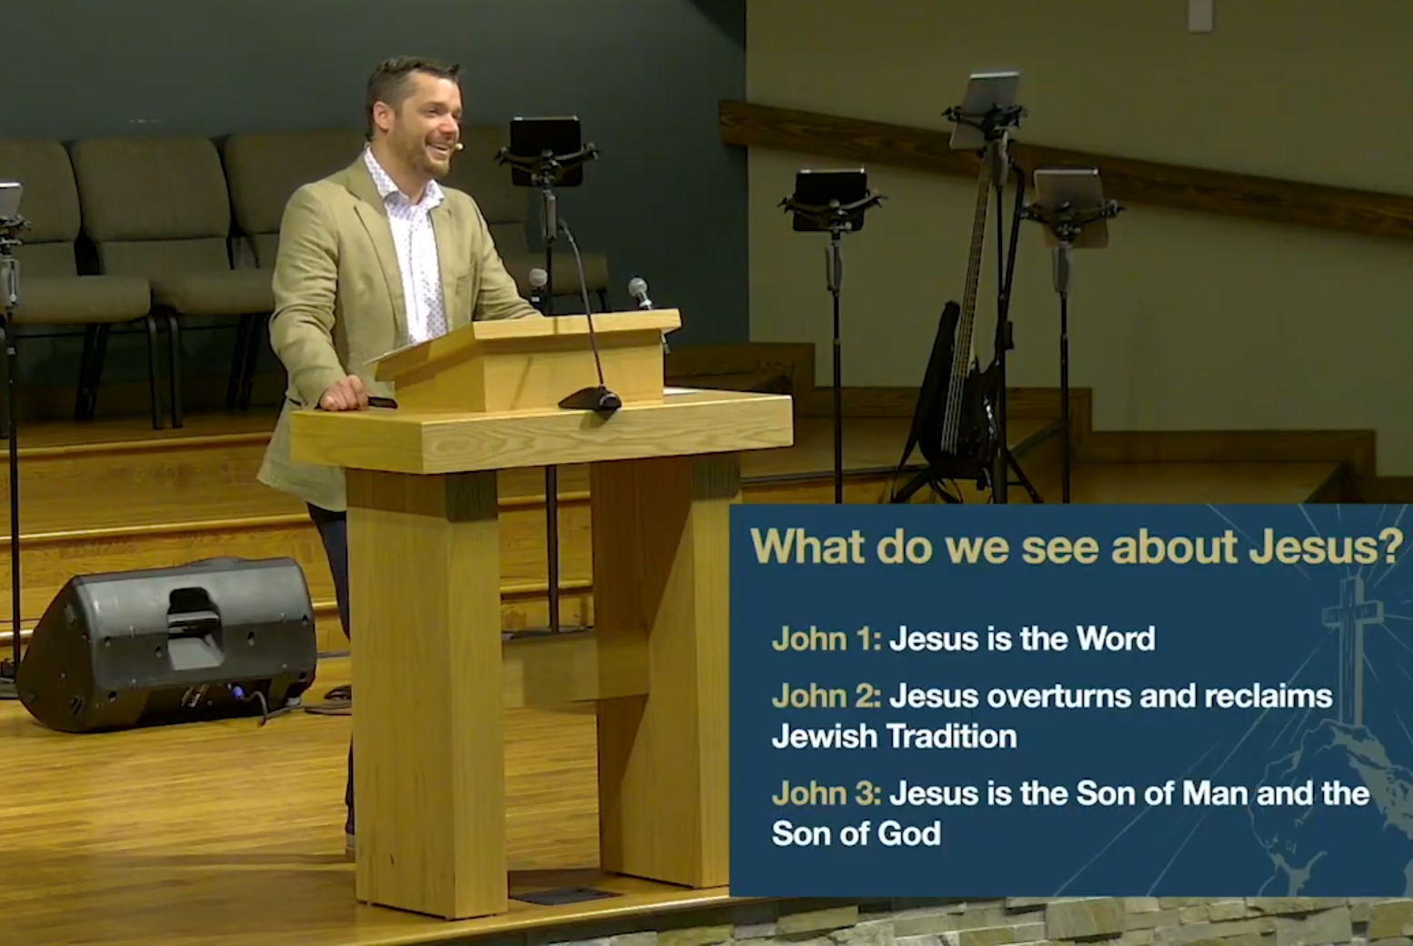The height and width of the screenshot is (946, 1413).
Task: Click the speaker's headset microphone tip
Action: [x=459, y=146]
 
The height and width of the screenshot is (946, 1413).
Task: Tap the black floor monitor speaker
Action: [x=168, y=644]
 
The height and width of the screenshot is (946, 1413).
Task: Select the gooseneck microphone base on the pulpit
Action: [x=590, y=399]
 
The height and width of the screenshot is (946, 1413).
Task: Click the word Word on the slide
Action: [x=1116, y=639]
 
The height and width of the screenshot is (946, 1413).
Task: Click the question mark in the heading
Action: [x=1395, y=547]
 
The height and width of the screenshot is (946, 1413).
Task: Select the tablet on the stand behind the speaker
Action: [x=546, y=152]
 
